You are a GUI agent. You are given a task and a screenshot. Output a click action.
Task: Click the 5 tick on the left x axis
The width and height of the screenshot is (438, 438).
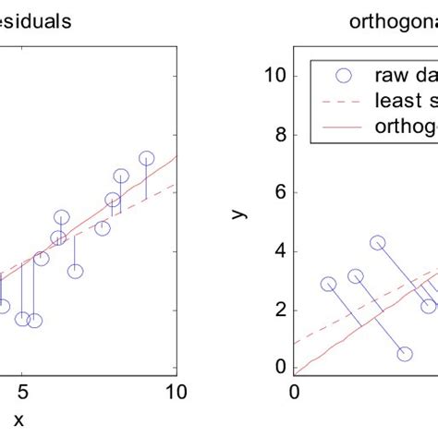coord(25,392)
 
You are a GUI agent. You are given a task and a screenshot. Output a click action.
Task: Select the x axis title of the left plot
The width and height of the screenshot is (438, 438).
coord(18,420)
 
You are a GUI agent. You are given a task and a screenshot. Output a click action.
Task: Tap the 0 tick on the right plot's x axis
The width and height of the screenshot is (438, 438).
coord(295,392)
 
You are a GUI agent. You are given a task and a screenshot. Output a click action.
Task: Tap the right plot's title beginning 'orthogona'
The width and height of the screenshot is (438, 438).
coord(392,20)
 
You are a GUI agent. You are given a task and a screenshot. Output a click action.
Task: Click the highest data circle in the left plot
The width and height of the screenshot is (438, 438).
coord(147,159)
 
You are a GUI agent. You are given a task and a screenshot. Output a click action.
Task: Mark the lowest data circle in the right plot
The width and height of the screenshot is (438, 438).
coord(405,354)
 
